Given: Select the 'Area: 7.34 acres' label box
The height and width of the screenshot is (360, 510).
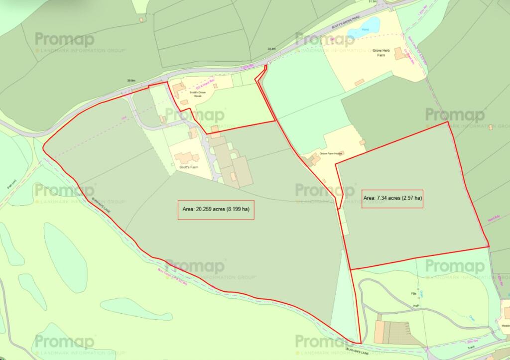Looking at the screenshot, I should click(x=392, y=198).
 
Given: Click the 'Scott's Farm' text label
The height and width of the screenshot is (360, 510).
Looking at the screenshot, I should click(x=189, y=167).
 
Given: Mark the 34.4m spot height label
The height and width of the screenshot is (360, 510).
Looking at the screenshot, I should click(x=271, y=49).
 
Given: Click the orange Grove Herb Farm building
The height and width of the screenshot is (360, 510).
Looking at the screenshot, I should click(x=399, y=53).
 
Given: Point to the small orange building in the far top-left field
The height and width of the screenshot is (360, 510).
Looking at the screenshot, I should click(x=141, y=19).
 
